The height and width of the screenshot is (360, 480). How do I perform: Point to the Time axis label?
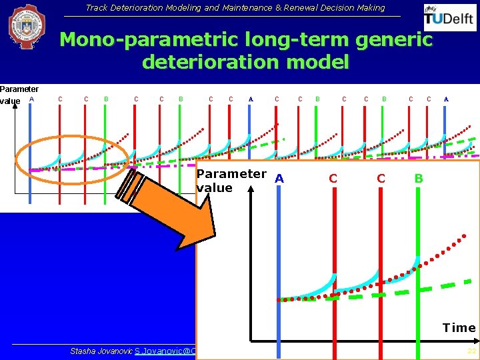tap(459, 327)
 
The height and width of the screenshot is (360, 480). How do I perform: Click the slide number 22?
tap(471, 351)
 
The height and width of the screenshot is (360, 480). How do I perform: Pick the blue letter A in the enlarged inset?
tap(279, 178)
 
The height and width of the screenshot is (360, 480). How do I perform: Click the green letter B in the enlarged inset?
tap(419, 178)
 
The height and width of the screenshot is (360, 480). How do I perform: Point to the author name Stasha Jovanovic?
tap(101, 351)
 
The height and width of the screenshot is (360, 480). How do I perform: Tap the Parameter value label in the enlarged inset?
tap(231, 181)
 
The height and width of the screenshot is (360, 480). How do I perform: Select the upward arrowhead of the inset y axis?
tap(248, 189)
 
